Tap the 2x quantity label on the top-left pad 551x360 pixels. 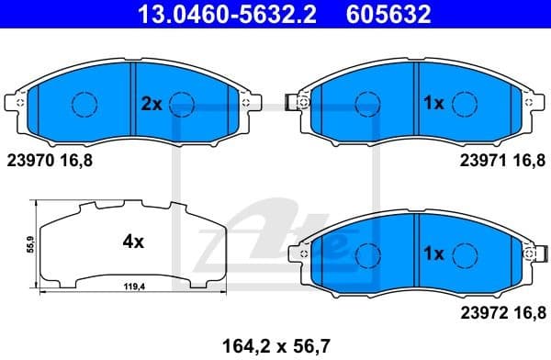(x=151, y=105)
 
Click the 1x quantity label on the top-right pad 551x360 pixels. (x=433, y=105)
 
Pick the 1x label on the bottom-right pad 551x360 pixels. (x=433, y=252)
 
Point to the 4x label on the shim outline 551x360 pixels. (x=134, y=242)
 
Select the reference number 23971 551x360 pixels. (x=481, y=159)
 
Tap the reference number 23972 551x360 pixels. (x=481, y=312)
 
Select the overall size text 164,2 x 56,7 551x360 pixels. (x=274, y=345)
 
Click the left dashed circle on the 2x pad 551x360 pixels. (x=84, y=105)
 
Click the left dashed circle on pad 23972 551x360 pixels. (x=366, y=252)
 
